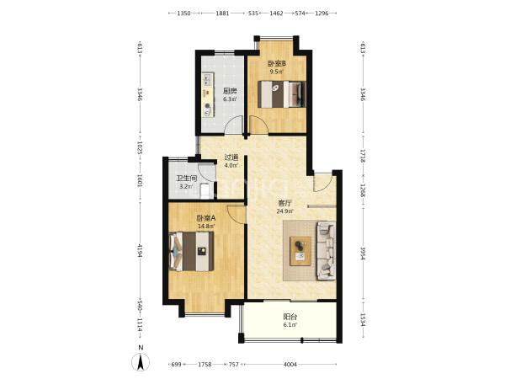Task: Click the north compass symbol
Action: click(141, 361)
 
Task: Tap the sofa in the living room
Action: click(326, 250)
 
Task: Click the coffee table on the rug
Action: click(300, 251)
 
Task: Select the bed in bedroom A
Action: click(191, 251)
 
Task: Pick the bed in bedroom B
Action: click(282, 94)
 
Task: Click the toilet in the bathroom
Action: click(205, 191)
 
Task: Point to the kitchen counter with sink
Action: click(208, 94)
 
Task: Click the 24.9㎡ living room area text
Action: click(284, 211)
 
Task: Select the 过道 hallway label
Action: click(231, 157)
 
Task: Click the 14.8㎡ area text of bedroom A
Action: click(206, 227)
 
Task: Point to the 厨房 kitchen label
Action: click(231, 91)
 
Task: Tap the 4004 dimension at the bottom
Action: click(290, 365)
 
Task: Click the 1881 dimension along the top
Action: click(222, 13)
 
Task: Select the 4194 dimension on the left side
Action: click(140, 251)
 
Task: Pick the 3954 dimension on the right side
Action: click(363, 254)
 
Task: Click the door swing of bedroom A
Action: click(236, 215)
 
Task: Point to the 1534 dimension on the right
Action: click(363, 320)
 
